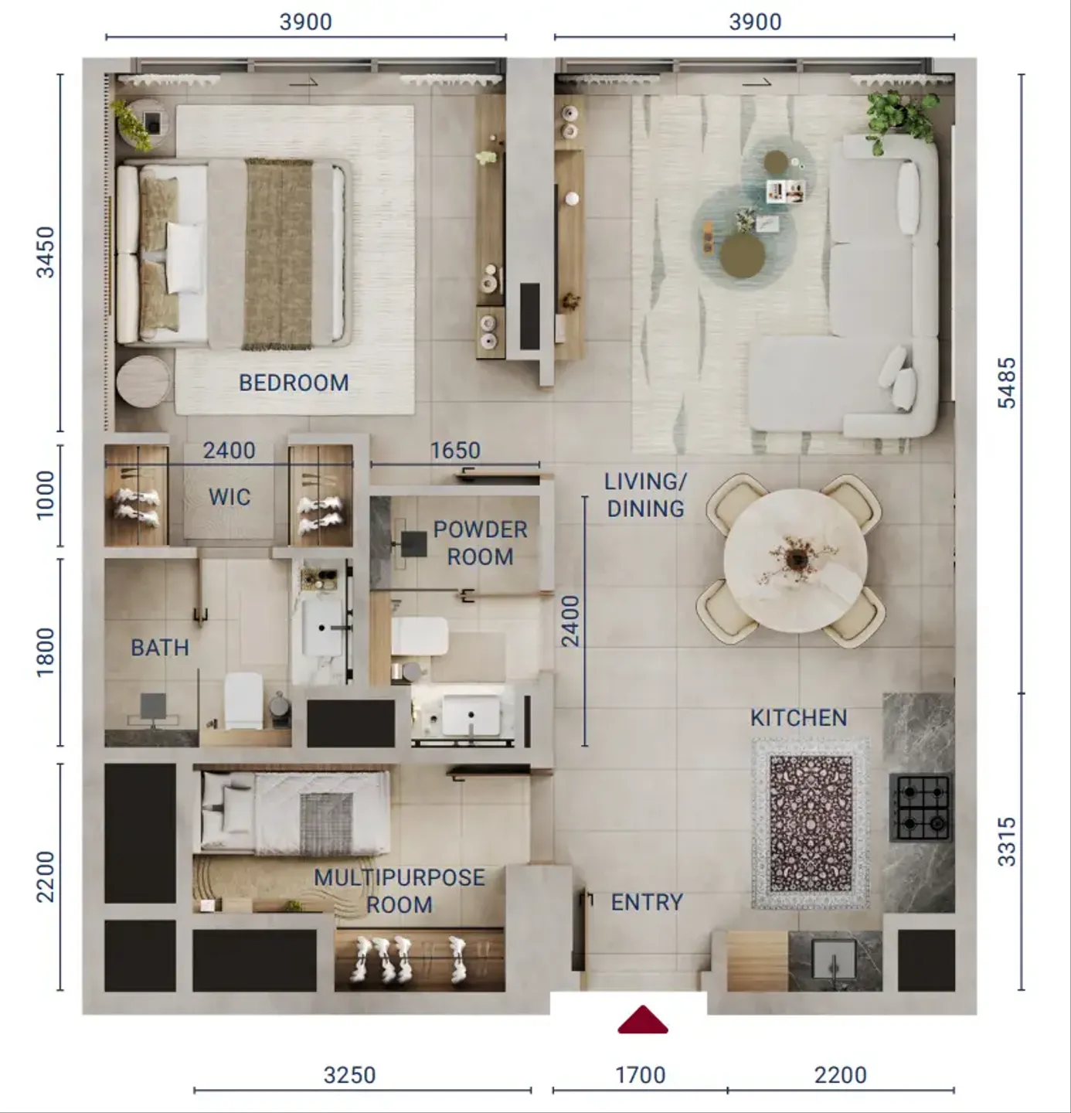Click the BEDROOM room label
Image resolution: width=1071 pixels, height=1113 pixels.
(294, 383)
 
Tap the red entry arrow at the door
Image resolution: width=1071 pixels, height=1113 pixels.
(643, 1020)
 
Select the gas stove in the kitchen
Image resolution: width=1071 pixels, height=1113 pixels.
(920, 807)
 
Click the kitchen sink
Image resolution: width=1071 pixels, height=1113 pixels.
(835, 960)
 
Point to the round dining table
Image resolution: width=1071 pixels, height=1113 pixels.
(795, 561)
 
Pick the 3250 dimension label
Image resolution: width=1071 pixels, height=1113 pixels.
(349, 1075)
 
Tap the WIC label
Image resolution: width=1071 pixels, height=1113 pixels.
(229, 497)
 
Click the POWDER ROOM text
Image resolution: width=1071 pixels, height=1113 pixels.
(481, 543)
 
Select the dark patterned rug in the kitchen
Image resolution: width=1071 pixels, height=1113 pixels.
(811, 824)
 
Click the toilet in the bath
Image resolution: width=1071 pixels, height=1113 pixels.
(243, 700)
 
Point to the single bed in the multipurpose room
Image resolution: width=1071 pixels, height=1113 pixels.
(291, 812)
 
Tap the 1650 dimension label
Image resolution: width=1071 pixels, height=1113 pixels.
(455, 451)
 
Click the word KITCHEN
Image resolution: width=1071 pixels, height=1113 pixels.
(798, 718)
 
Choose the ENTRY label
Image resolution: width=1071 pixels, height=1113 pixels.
(647, 903)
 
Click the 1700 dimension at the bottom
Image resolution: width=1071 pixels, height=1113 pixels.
(641, 1075)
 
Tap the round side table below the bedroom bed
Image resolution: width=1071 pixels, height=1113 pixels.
(143, 382)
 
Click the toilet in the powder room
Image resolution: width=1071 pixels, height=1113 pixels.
(419, 636)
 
